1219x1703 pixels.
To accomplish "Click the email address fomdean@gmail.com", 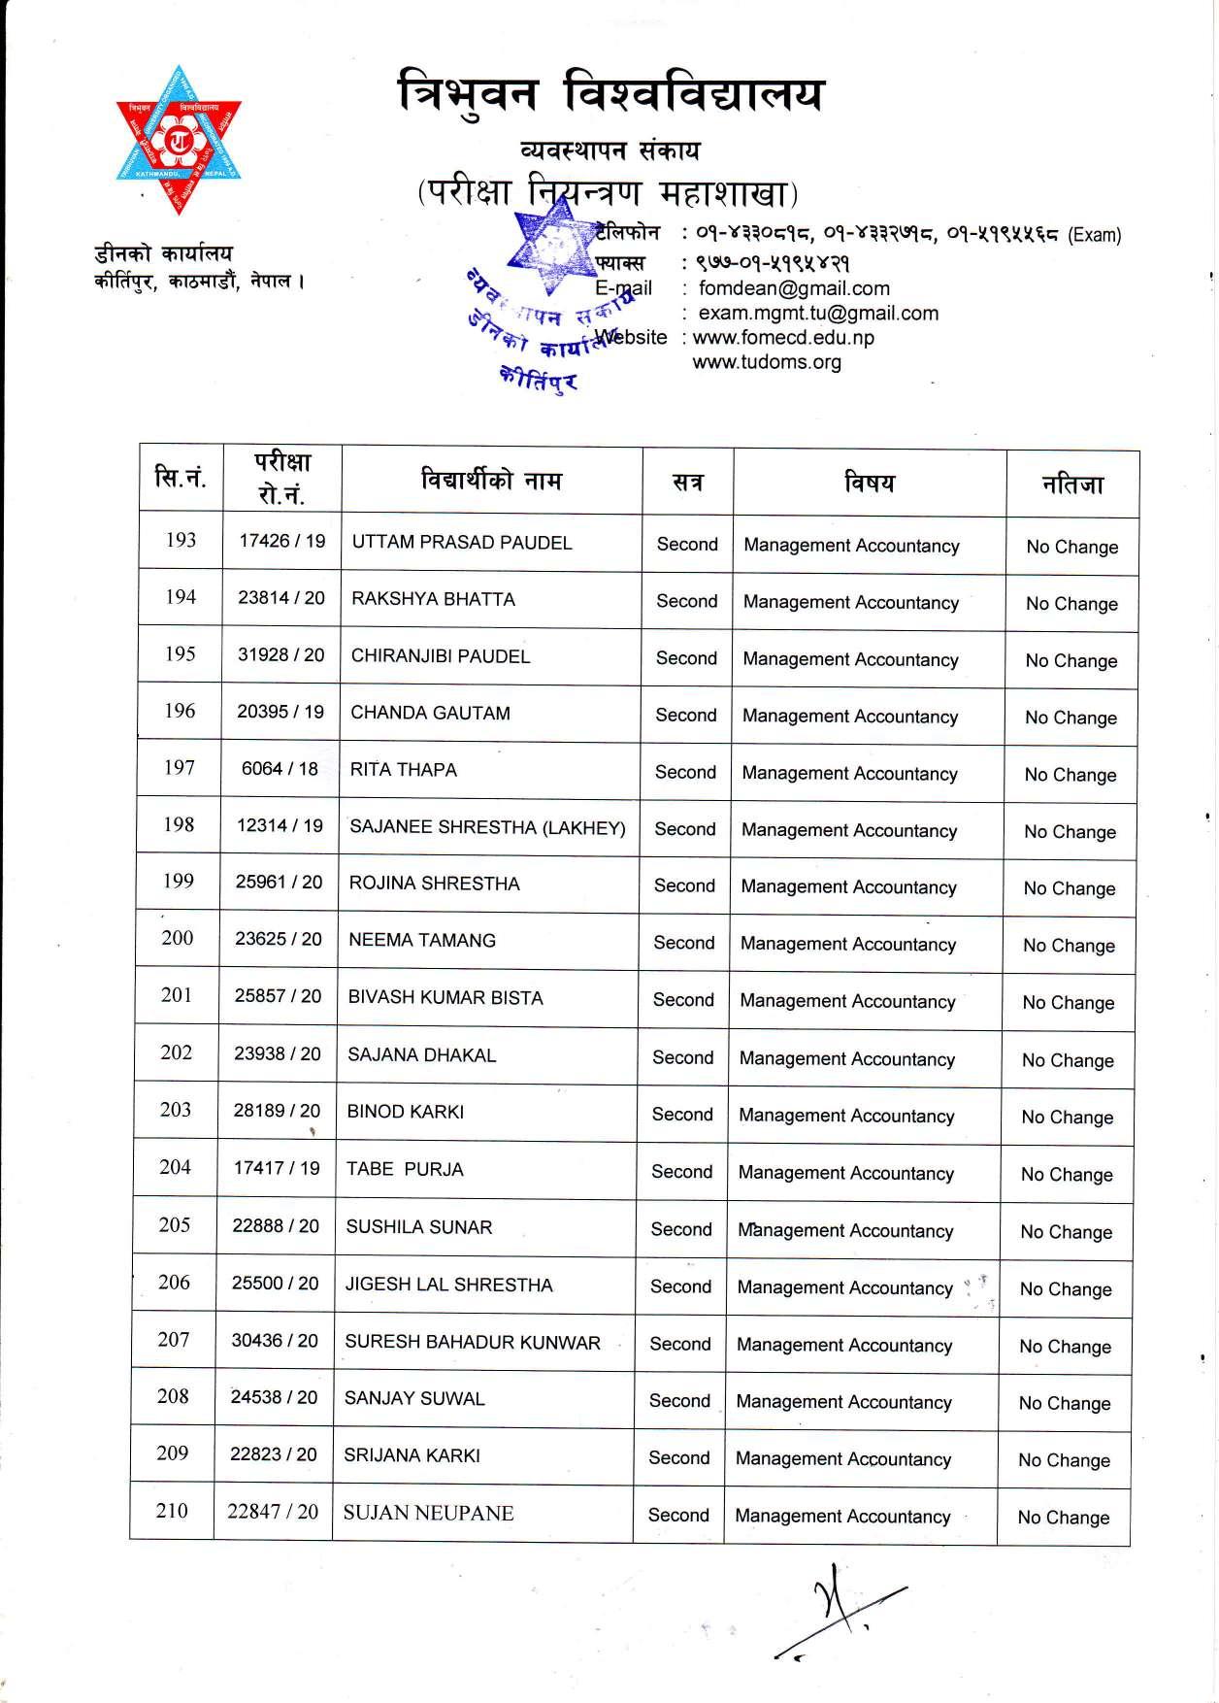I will (x=794, y=288).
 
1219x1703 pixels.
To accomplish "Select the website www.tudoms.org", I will (x=767, y=362).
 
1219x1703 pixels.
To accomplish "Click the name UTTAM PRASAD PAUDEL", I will (x=462, y=543).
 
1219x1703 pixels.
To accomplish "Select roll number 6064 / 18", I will (x=280, y=769).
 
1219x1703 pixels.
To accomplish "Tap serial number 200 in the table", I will (x=177, y=938).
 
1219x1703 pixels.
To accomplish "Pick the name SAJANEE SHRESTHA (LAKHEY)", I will (x=487, y=827).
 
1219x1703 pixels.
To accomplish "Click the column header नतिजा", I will (x=1072, y=484).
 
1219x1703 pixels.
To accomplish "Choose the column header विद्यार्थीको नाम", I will (x=491, y=480).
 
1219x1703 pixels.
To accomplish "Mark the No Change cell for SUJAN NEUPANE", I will (x=1064, y=1518).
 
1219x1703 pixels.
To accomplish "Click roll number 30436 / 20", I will (x=275, y=1341).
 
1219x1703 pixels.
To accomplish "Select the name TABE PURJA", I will (x=405, y=1170).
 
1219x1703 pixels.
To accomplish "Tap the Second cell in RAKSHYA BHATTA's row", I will (x=687, y=601).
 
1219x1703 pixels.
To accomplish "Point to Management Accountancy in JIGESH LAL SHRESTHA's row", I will (x=845, y=1287).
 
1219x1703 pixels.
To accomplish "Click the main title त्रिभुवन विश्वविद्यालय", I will (x=611, y=95).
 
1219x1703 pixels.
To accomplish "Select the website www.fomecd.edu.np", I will (x=783, y=338).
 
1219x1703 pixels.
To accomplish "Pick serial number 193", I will (x=181, y=540).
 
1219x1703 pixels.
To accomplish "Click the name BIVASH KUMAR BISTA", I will (x=445, y=997).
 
